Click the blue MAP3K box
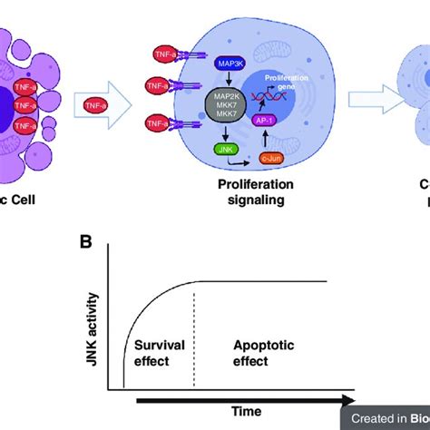click(x=227, y=64)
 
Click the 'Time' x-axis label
click(x=238, y=411)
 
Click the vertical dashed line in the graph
click(x=195, y=336)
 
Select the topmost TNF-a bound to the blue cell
click(x=166, y=55)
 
